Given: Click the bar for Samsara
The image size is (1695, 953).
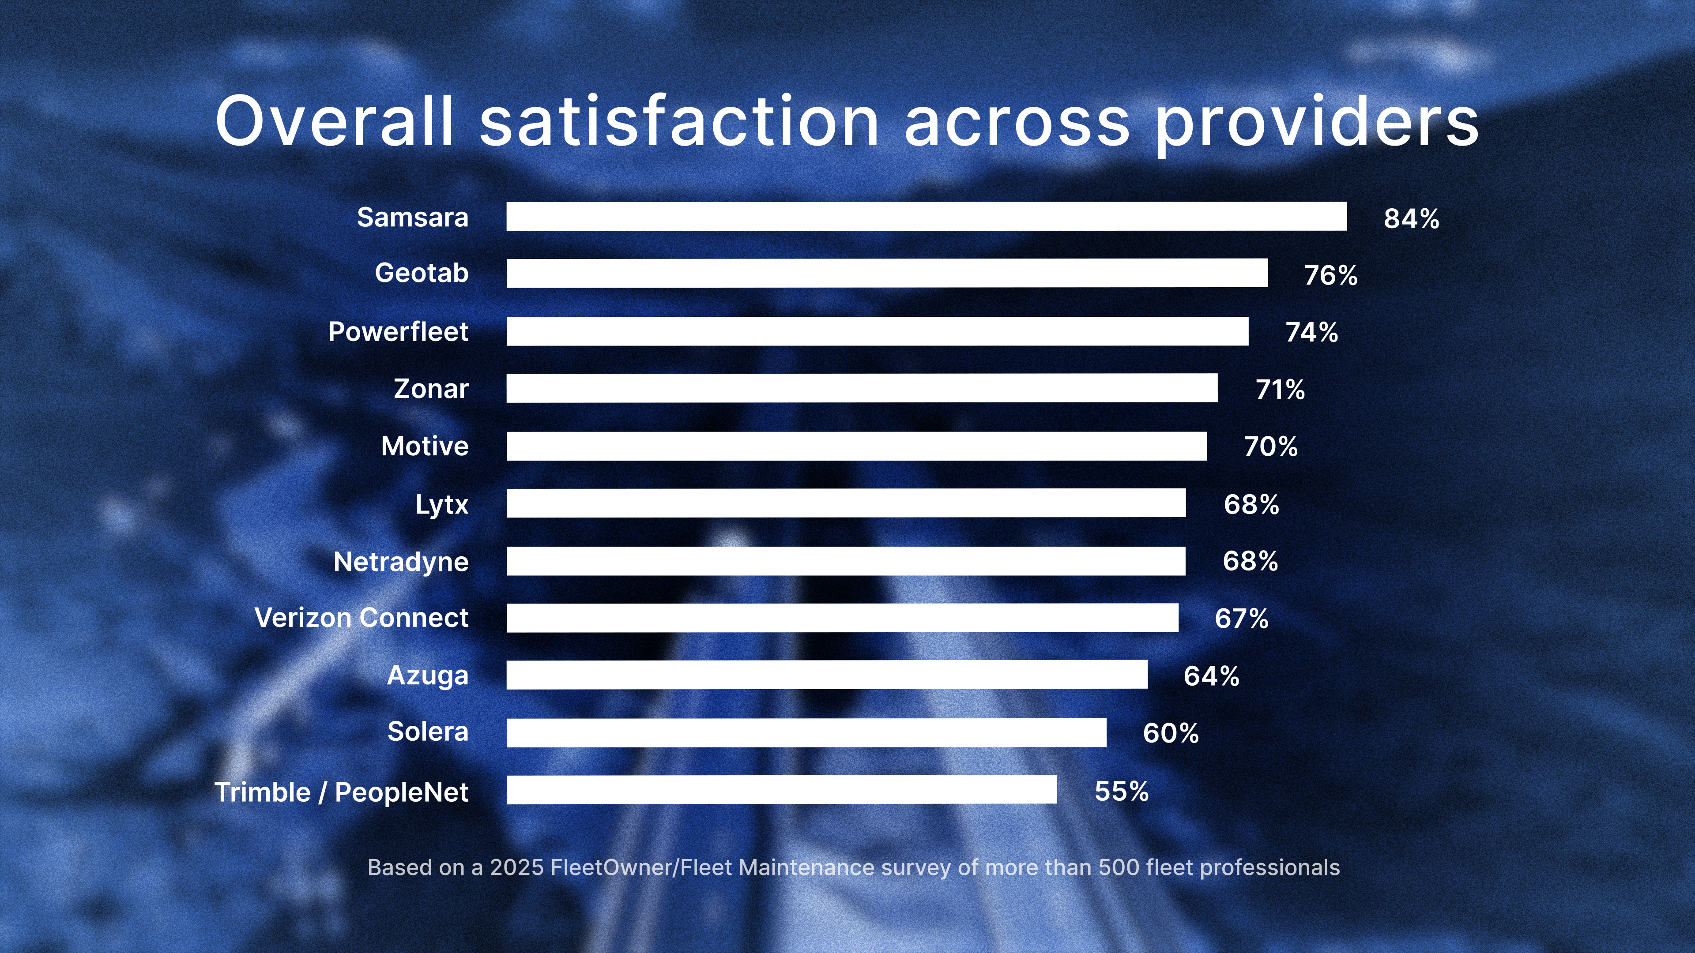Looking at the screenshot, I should (x=926, y=216).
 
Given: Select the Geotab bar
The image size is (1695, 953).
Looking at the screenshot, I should (x=886, y=273).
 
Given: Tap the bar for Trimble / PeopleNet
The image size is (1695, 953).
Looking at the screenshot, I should (x=781, y=789).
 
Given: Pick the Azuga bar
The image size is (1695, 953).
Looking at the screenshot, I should (x=826, y=675).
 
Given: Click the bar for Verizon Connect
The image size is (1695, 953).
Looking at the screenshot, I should (x=842, y=618).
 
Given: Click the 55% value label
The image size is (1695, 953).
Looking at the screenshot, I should (x=1121, y=791).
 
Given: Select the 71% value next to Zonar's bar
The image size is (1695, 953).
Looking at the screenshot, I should (x=1280, y=389).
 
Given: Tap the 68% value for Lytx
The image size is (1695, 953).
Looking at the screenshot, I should (x=1251, y=504).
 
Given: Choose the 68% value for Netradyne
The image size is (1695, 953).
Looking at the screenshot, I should (x=1250, y=561).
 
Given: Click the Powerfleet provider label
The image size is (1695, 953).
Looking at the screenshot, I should (x=398, y=331).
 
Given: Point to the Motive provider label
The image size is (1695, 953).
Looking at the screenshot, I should (x=424, y=446).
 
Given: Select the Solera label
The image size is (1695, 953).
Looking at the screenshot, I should (x=428, y=732).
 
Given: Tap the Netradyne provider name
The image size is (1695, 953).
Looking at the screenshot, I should (x=401, y=562).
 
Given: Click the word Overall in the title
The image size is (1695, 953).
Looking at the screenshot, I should (x=334, y=122).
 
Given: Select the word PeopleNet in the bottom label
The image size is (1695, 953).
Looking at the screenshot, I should (x=401, y=792).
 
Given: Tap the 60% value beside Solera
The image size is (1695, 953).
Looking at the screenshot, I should (x=1171, y=733).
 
